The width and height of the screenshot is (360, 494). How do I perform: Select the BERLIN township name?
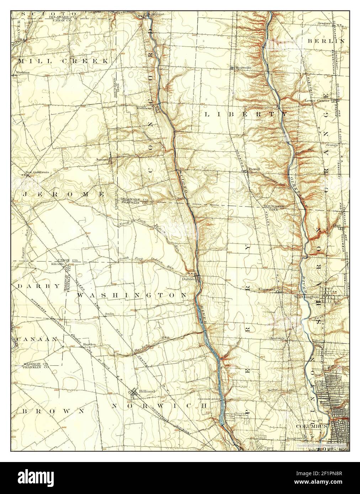click(x=326, y=41)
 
